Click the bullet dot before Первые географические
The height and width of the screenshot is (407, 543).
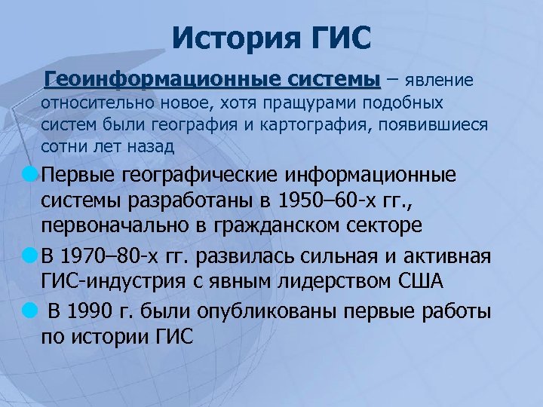[29, 174]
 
